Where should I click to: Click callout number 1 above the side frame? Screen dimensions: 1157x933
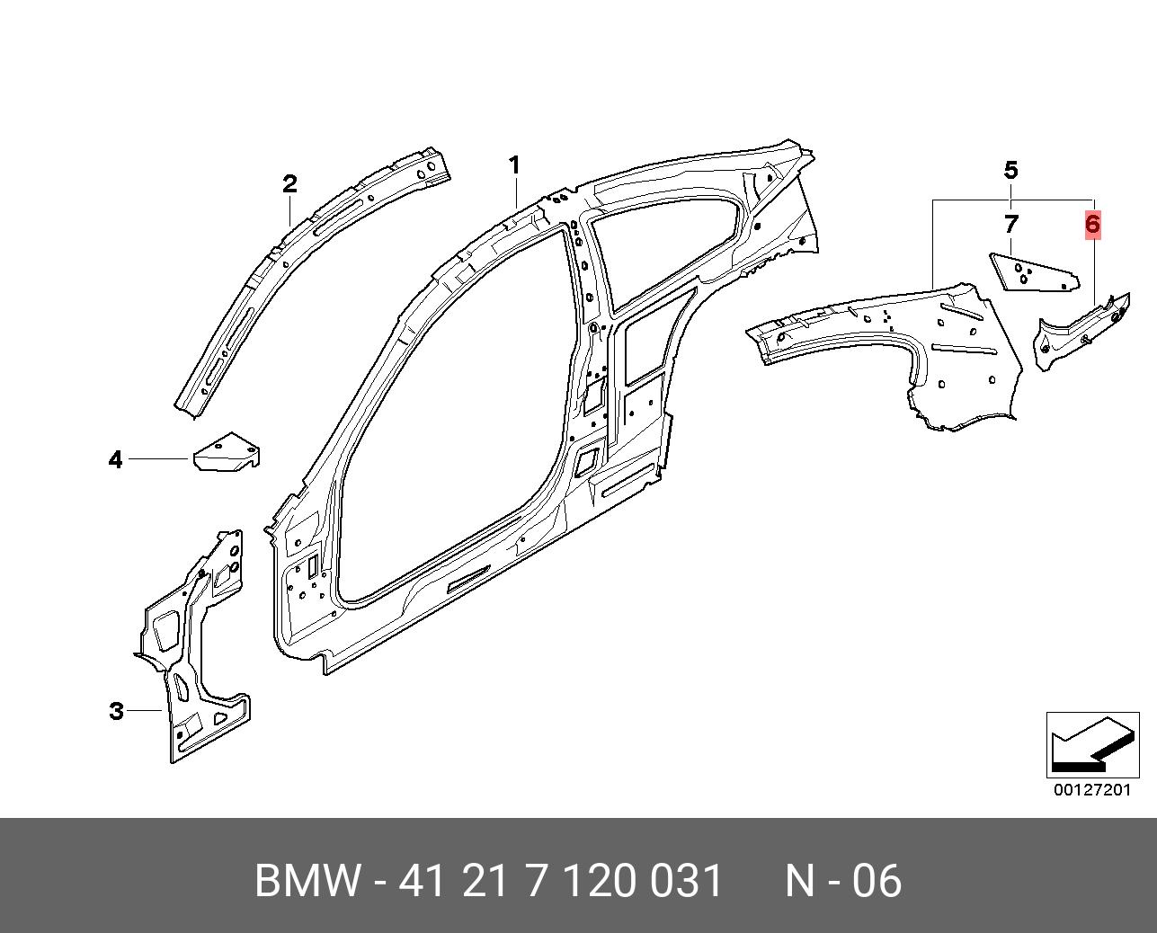pyautogui.click(x=514, y=165)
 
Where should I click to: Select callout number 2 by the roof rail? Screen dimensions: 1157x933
pyautogui.click(x=289, y=184)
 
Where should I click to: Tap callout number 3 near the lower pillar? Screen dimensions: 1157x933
pyautogui.click(x=117, y=711)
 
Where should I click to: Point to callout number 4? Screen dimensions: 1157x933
pyautogui.click(x=116, y=460)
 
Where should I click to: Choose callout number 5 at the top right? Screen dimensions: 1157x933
pyautogui.click(x=1011, y=171)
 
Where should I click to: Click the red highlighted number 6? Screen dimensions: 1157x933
pyautogui.click(x=1092, y=224)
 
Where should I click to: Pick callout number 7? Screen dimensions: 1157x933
pyautogui.click(x=1011, y=224)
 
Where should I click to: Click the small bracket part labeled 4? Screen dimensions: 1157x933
pyautogui.click(x=226, y=453)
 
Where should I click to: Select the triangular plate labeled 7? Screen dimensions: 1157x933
pyautogui.click(x=1033, y=274)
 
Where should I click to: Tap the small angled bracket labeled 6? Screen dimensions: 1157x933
pyautogui.click(x=1081, y=333)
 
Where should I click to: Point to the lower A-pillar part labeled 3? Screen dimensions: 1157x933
pyautogui.click(x=196, y=645)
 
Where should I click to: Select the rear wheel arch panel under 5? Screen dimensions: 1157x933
pyautogui.click(x=887, y=344)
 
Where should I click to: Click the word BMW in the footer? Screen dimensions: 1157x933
pyautogui.click(x=307, y=880)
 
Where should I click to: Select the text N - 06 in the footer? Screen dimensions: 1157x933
pyautogui.click(x=843, y=880)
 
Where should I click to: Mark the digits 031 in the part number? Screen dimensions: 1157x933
pyautogui.click(x=686, y=880)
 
